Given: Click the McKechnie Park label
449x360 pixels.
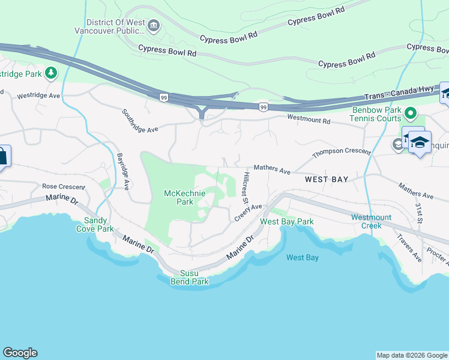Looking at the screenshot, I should coord(185,197).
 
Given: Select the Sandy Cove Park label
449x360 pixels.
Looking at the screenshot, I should coord(94,224).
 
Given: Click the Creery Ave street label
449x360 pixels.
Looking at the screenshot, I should coord(248,212).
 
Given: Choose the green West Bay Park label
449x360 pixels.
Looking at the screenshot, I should coord(286,222).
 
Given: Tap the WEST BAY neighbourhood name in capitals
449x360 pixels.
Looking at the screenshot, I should coord(327,179).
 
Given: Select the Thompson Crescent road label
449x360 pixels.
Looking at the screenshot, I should coord(341,152).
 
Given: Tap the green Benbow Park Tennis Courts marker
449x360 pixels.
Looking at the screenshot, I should coord(411,113).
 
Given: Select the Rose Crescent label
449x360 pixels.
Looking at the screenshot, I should coord(63,187).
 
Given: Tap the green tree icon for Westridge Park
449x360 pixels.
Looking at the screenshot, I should coord(52,73).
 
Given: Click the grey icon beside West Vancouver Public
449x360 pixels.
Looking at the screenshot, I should coord(154,26).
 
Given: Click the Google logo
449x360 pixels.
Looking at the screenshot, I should coord(20,353).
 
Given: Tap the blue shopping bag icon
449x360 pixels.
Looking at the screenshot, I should coord(2,157).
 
